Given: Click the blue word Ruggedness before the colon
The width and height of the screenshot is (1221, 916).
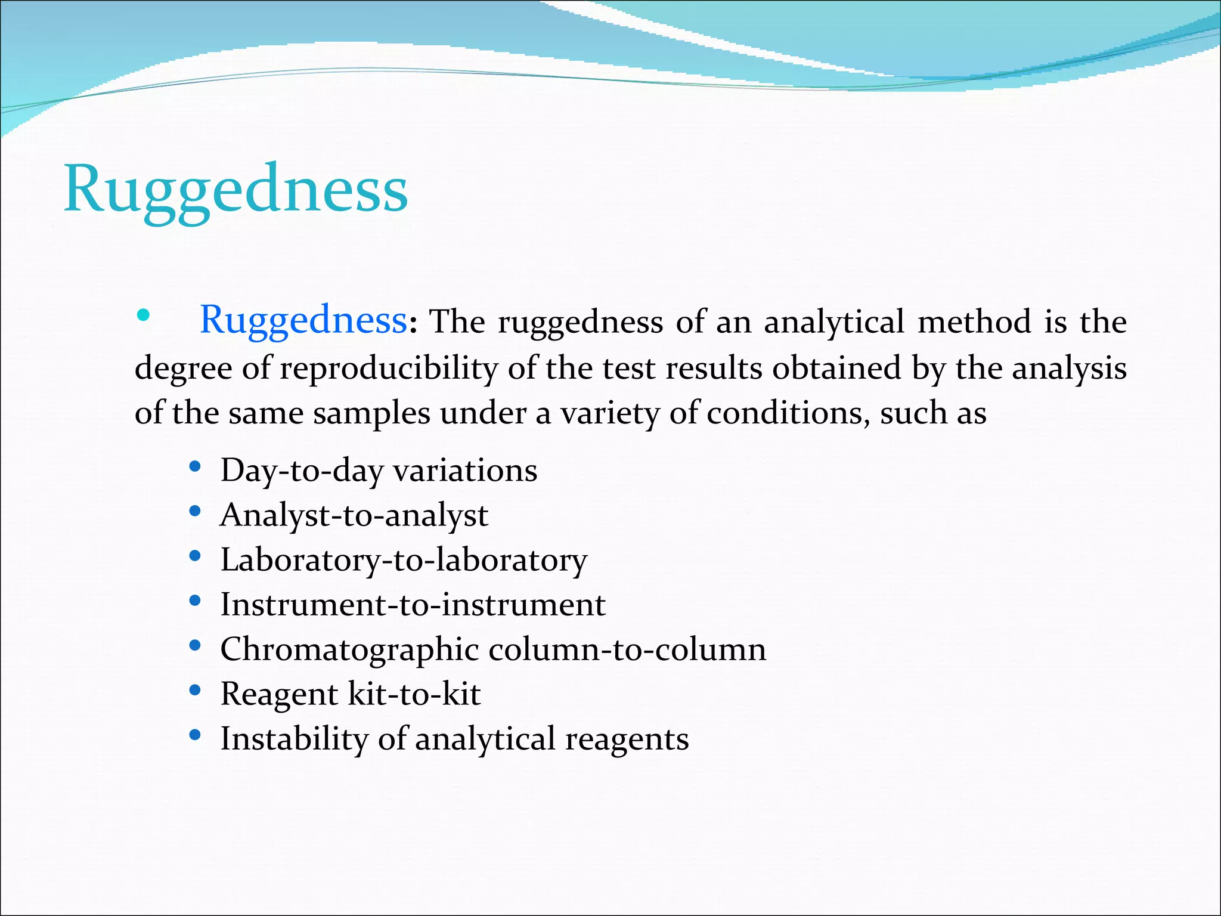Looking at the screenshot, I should click(303, 320).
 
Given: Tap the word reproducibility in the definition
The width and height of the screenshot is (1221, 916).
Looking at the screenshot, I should click(388, 368).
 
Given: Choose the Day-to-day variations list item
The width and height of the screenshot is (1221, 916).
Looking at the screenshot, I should click(379, 471).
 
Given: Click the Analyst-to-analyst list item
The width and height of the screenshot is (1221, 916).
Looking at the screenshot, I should click(354, 515).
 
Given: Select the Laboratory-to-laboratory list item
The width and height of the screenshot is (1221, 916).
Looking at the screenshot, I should click(404, 560).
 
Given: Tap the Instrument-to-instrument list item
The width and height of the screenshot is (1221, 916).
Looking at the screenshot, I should click(413, 605).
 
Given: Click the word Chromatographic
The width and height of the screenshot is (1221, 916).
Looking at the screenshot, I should click(349, 649).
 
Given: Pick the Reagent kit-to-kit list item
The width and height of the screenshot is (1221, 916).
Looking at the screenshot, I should click(351, 694).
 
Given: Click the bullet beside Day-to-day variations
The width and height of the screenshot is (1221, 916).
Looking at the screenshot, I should click(194, 467).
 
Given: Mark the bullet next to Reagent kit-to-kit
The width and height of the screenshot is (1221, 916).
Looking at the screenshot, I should click(194, 691).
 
